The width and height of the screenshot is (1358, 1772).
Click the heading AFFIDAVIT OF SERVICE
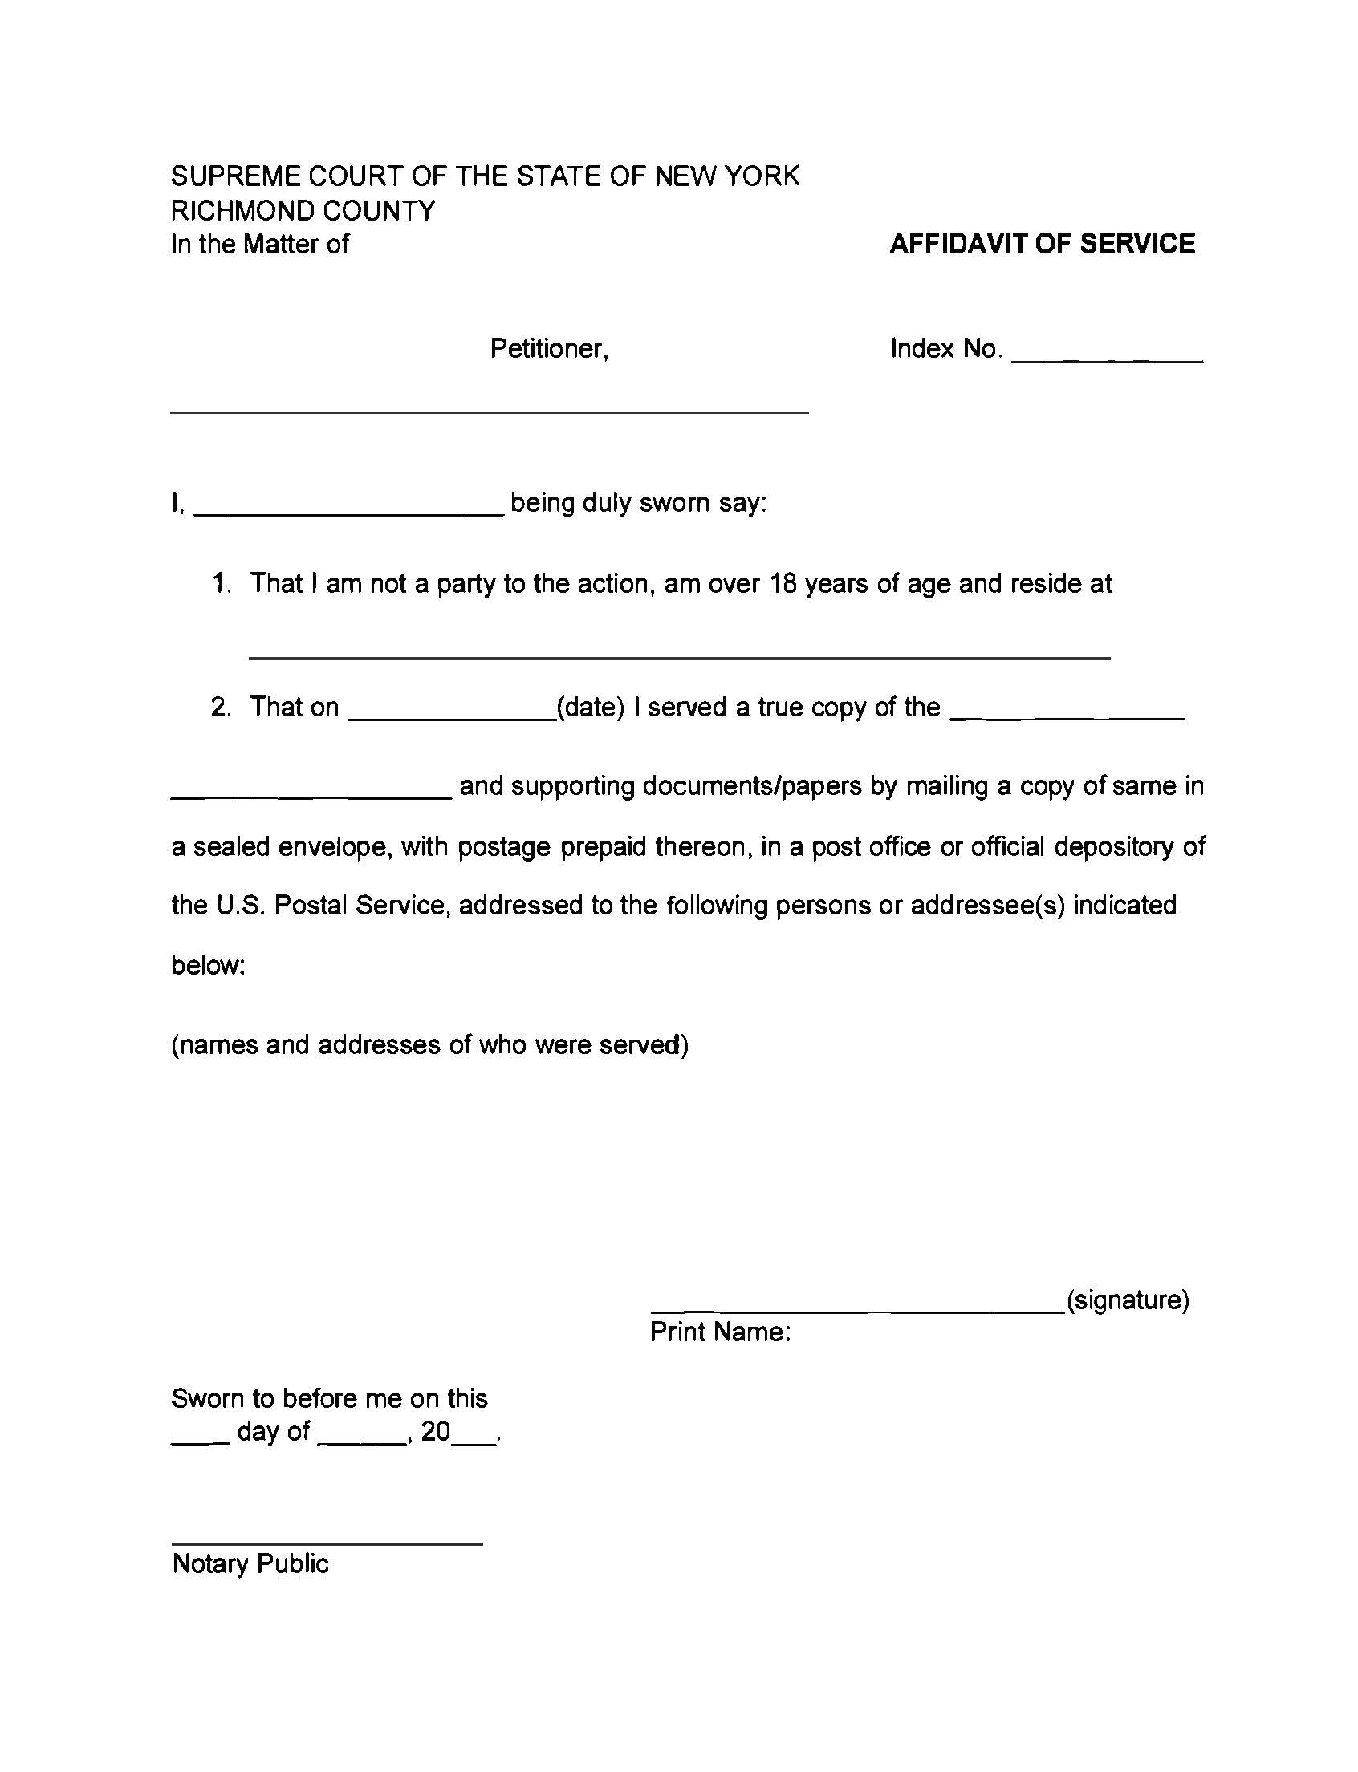pyautogui.click(x=1042, y=244)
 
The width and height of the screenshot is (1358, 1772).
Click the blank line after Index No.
pyautogui.click(x=1107, y=355)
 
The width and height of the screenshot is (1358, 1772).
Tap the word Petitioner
pyautogui.click(x=549, y=348)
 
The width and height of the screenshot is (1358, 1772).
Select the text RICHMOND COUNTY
pyautogui.click(x=303, y=210)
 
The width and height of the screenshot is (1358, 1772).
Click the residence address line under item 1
pyautogui.click(x=679, y=653)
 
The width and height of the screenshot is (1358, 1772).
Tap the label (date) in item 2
pyautogui.click(x=591, y=707)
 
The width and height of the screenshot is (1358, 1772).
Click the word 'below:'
pyautogui.click(x=208, y=965)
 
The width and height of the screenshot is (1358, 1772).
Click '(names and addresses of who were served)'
pyautogui.click(x=429, y=1044)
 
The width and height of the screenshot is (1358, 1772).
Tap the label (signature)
pyautogui.click(x=1128, y=1300)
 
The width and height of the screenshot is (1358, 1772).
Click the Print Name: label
pyautogui.click(x=720, y=1332)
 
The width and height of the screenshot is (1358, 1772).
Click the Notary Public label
pyautogui.click(x=250, y=1563)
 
